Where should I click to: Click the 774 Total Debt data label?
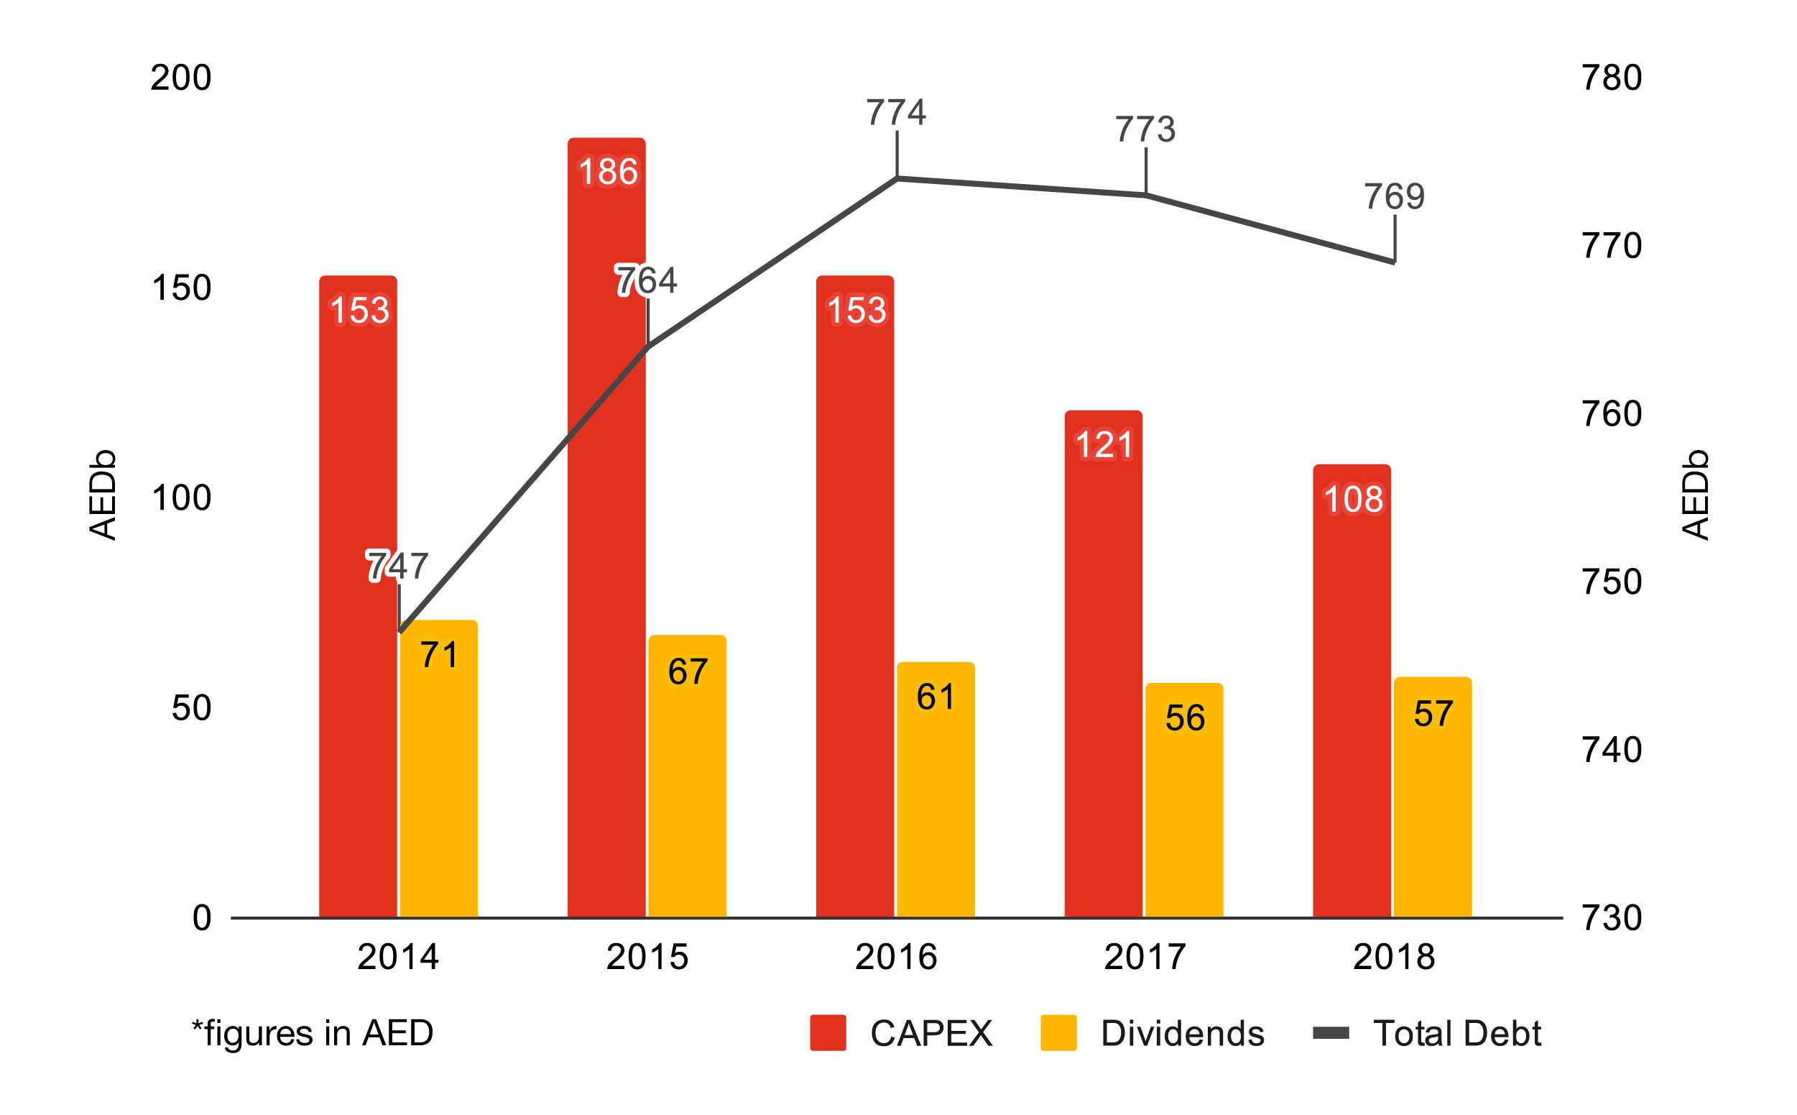(895, 113)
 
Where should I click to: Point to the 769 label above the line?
(1393, 197)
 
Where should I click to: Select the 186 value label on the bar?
(607, 172)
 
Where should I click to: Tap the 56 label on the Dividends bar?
(1185, 718)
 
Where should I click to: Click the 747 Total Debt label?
(397, 566)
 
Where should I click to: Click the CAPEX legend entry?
(901, 1033)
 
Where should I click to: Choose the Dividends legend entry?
(1152, 1033)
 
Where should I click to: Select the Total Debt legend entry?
(1426, 1033)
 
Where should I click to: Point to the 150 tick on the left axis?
(180, 288)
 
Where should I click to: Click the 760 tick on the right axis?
(1611, 414)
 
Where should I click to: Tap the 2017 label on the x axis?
(1145, 957)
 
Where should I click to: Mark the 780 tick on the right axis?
(1611, 78)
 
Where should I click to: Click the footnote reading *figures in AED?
(313, 1033)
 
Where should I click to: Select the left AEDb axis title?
(103, 495)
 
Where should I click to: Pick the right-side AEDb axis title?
(1694, 495)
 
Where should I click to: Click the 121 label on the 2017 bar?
(1104, 446)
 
